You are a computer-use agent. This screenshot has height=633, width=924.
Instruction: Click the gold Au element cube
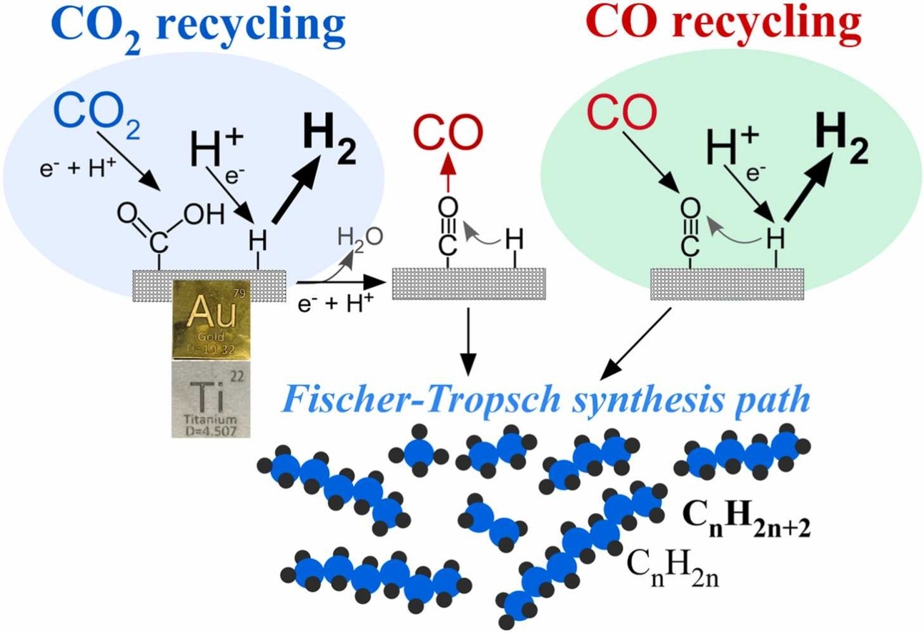click(212, 319)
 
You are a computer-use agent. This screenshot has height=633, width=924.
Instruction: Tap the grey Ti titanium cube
click(212, 399)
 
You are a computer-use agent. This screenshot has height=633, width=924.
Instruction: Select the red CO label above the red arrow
click(448, 133)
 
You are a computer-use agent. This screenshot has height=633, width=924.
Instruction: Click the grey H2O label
click(360, 238)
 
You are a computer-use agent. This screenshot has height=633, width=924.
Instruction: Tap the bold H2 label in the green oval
click(842, 137)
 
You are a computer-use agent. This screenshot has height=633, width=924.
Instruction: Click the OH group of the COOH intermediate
click(204, 214)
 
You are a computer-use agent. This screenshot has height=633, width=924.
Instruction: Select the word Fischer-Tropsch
click(420, 399)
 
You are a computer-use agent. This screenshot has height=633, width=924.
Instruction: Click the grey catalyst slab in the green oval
click(727, 284)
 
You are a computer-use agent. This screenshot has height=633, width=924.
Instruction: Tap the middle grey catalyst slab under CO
click(469, 284)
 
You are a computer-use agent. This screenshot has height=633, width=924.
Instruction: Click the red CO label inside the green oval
click(622, 112)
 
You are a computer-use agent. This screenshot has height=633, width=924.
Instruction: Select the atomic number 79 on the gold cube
click(239, 293)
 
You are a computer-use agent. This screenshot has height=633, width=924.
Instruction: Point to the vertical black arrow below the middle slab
click(469, 342)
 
